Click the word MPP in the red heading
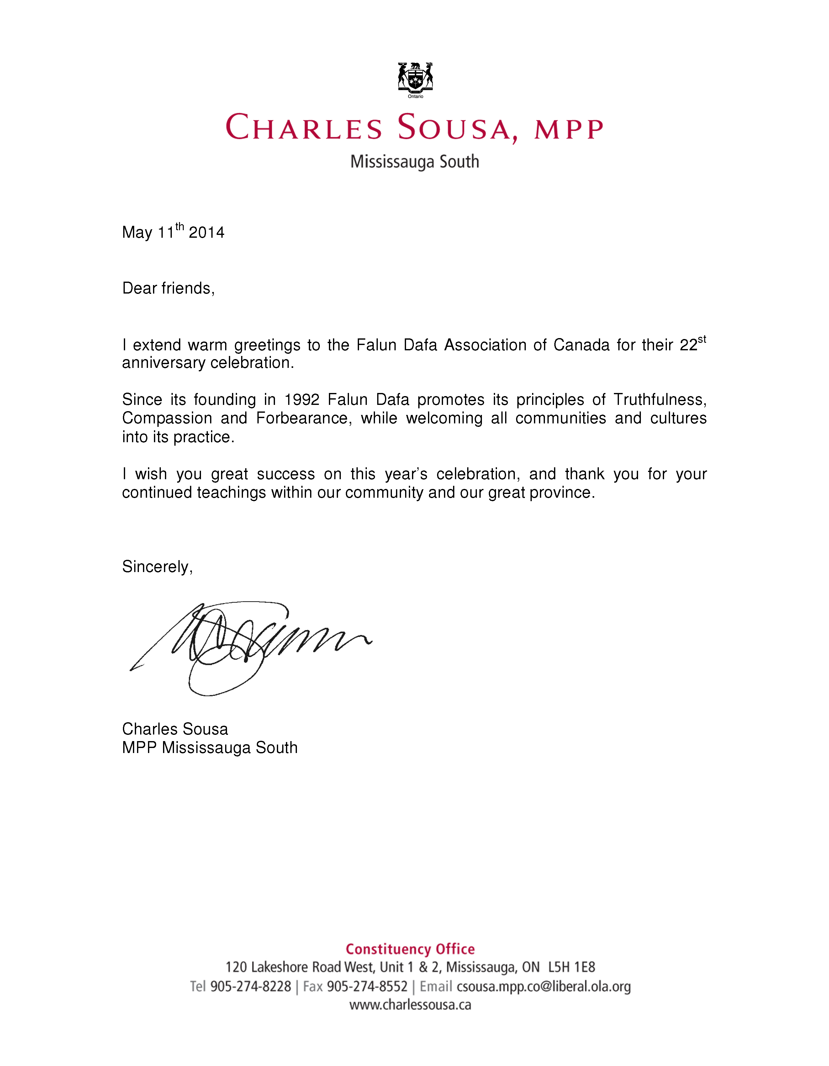coord(569,129)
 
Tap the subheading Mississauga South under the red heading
coord(415,162)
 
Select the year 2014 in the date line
coord(206,232)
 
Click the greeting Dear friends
coord(168,289)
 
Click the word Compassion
coord(167,418)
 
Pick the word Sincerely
coord(157,567)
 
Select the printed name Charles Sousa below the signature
coord(175,729)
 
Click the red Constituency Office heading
coord(410,949)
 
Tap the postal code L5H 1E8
coord(571,968)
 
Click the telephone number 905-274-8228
coord(250,986)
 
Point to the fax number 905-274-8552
coord(367,986)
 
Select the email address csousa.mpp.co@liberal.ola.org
coord(544,986)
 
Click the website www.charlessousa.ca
coord(410,1005)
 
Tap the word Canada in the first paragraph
coord(581,345)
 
